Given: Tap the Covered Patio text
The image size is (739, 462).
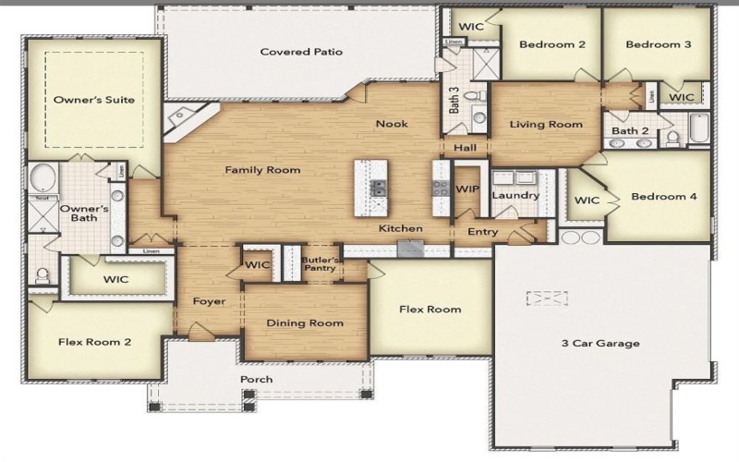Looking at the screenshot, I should tap(301, 52).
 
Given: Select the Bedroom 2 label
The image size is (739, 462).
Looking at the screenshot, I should tap(551, 44).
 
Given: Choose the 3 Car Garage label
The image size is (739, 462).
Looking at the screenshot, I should tap(600, 344).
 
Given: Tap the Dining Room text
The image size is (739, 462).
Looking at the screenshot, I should tap(305, 323).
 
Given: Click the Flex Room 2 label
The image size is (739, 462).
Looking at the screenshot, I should tap(94, 342).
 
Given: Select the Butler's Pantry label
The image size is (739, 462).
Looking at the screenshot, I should tap(322, 266).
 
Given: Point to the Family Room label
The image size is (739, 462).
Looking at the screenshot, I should tap(263, 170).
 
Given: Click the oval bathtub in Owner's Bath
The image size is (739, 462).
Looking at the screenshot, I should tap(42, 176).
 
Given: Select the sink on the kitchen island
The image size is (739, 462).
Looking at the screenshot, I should tap(379, 188).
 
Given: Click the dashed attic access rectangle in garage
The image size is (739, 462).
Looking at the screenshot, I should tap(547, 298).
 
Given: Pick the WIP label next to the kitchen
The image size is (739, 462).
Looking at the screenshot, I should tap(466, 188).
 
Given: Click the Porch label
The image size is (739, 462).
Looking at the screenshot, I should tap(257, 380).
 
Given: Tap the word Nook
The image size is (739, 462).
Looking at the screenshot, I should tap(392, 124).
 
